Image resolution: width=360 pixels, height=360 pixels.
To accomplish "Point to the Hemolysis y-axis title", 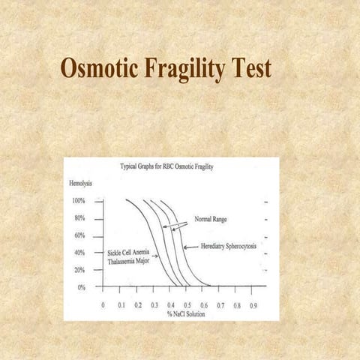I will [81, 183].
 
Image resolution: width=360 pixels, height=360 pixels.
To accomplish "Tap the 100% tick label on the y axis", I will [78, 201].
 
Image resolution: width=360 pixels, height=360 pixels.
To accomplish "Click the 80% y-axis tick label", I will [79, 218].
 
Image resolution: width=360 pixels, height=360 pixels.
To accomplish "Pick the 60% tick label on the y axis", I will [79, 235].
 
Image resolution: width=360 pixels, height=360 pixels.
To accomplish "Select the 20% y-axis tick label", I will [79, 269].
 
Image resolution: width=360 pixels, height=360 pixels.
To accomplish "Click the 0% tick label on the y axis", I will [81, 286].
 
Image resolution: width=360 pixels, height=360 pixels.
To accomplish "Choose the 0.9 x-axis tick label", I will [253, 305].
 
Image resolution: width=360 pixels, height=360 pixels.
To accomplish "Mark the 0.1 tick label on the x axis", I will [121, 305].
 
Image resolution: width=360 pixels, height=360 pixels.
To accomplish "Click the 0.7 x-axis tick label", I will [220, 305].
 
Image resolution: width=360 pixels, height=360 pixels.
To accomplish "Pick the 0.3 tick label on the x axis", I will [154, 305].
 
